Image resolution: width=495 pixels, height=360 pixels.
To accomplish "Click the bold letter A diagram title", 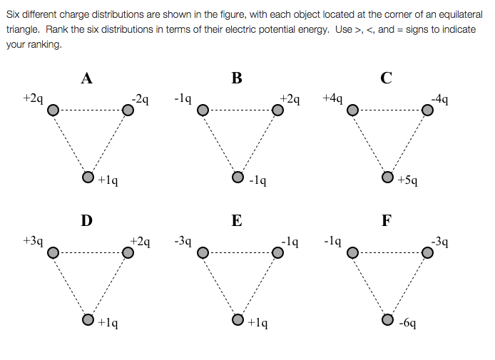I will pyautogui.click(x=86, y=79).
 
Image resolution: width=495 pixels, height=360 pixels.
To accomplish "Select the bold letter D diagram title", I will pyautogui.click(x=86, y=221).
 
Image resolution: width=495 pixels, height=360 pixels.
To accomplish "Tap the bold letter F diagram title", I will pyautogui.click(x=386, y=221).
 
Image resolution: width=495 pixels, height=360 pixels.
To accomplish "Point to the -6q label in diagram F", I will pyautogui.click(x=408, y=323).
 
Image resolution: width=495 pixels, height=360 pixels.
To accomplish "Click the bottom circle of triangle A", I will pyautogui.click(x=88, y=176).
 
